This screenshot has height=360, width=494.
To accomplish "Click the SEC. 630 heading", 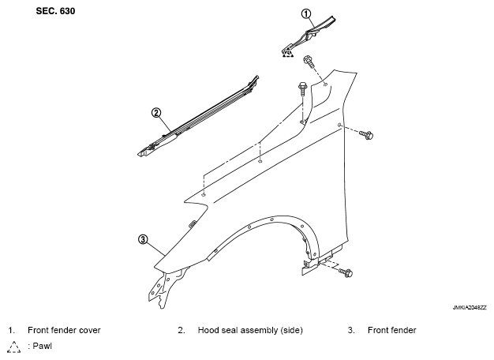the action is point(55,11).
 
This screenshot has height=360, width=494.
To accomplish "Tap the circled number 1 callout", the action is point(306,13).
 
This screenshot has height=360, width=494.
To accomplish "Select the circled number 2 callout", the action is point(156,113).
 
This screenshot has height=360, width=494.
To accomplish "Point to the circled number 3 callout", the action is point(143,239).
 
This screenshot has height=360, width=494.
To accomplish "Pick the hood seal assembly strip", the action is point(199,117).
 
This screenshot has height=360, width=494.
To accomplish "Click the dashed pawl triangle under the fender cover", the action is point(288,54).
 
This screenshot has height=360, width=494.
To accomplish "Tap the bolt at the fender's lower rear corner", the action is point(346,272).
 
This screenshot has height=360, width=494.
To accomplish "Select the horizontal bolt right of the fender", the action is point(366,135).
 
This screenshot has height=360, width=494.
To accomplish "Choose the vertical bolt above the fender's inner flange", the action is point(301,88).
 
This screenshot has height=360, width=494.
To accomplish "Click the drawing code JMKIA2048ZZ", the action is point(469,308).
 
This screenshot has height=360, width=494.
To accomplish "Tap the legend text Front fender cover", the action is point(64,330).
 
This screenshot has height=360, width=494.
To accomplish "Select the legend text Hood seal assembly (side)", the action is point(250,330).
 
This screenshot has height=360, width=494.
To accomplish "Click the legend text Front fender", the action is point(391,330).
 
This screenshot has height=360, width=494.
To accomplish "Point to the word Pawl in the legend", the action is point(42,346).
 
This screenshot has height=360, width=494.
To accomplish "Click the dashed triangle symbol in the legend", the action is point(14,347).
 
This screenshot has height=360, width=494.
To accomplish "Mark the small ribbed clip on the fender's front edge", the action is point(193,223).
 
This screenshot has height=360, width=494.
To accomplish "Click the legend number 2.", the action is point(182,330).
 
